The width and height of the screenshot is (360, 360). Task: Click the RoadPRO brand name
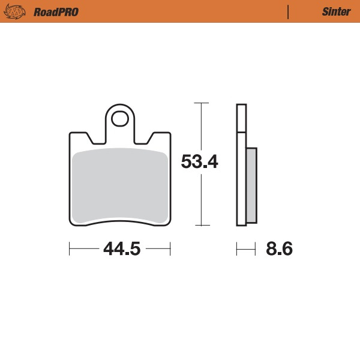point(56,11)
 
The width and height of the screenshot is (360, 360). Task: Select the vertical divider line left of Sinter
point(289,11)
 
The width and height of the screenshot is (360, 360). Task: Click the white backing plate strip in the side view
point(242,180)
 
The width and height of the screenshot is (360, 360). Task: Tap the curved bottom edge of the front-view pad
point(120,222)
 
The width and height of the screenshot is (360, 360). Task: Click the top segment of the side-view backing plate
point(241,118)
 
